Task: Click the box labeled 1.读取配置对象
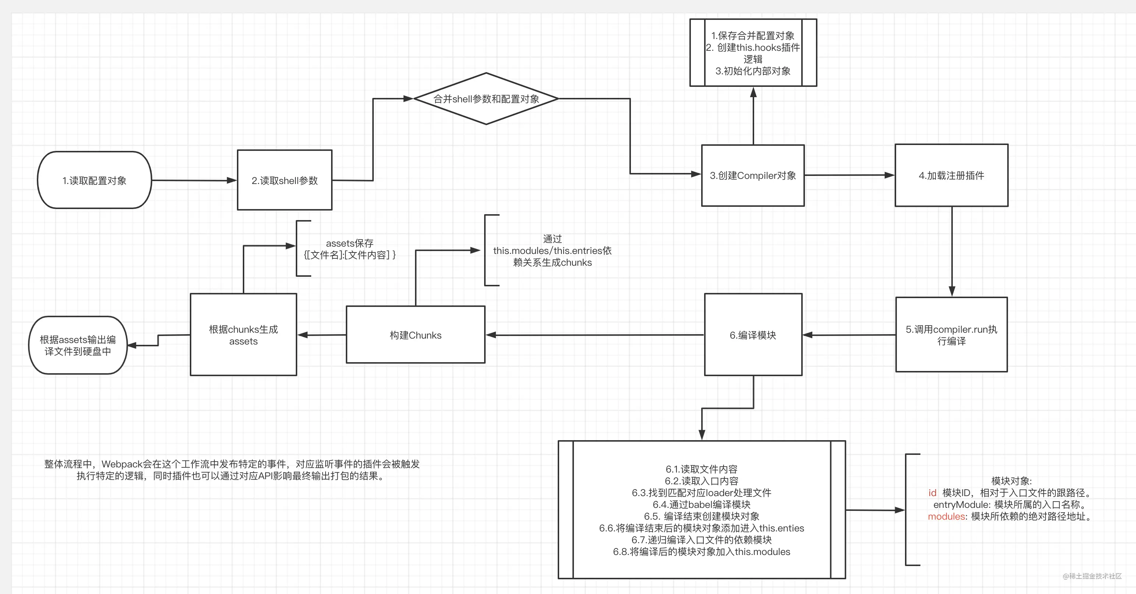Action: pyautogui.click(x=95, y=180)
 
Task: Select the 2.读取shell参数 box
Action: pyautogui.click(x=284, y=180)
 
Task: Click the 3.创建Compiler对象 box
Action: pyautogui.click(x=753, y=175)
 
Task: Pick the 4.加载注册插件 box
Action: pyautogui.click(x=951, y=175)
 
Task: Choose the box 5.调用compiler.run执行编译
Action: pyautogui.click(x=951, y=335)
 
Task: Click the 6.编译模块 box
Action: pyautogui.click(x=753, y=335)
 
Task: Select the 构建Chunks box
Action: pyautogui.click(x=415, y=335)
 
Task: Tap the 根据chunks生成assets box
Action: pyautogui.click(x=243, y=335)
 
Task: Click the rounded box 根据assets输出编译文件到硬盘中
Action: pyautogui.click(x=78, y=345)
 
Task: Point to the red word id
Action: pyautogui.click(x=932, y=492)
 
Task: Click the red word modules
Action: pyautogui.click(x=947, y=516)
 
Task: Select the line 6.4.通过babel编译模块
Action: pyautogui.click(x=701, y=505)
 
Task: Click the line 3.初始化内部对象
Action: pyautogui.click(x=753, y=71)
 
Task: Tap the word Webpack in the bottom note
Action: pyautogui.click(x=122, y=464)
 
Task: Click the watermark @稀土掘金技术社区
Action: pyautogui.click(x=1092, y=576)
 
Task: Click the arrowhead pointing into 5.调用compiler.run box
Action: pyautogui.click(x=952, y=291)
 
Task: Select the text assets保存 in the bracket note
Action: pyautogui.click(x=349, y=243)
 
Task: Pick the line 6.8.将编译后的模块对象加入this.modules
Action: pyautogui.click(x=701, y=552)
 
